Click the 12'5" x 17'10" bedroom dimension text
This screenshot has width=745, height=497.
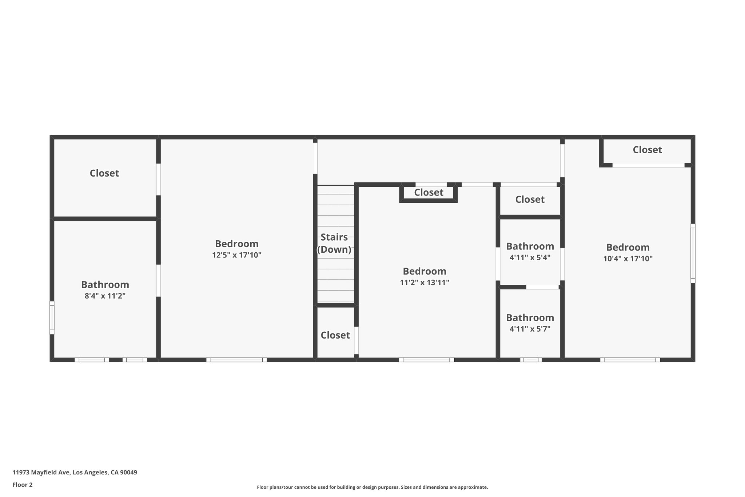coord(237,255)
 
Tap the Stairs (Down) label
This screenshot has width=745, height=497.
coord(334,243)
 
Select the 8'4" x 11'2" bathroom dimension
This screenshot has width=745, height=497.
coord(105,296)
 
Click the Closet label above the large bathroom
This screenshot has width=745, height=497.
coord(104,173)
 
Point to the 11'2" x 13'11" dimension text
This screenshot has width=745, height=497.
coord(425,283)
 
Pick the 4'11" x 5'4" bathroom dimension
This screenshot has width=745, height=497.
coord(530,258)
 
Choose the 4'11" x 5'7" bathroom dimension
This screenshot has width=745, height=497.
coord(530,329)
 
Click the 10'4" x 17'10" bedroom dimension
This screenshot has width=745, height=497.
coord(628,259)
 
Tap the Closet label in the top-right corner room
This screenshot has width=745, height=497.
coord(647,150)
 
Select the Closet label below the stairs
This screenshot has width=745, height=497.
coord(335,335)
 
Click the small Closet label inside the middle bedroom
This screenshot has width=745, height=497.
coord(429,193)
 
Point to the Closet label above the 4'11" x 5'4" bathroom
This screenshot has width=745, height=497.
coord(530,200)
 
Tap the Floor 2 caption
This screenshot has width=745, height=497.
coord(23,485)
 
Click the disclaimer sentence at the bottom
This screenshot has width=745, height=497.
coord(372,487)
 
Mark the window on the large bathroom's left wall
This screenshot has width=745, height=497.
coord(52,317)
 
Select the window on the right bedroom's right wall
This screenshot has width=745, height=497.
coord(693,253)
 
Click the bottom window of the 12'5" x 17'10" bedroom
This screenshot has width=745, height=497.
coord(236,360)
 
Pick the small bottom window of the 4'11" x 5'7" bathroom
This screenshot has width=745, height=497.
coord(531,360)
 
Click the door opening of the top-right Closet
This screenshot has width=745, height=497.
coord(648,165)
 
